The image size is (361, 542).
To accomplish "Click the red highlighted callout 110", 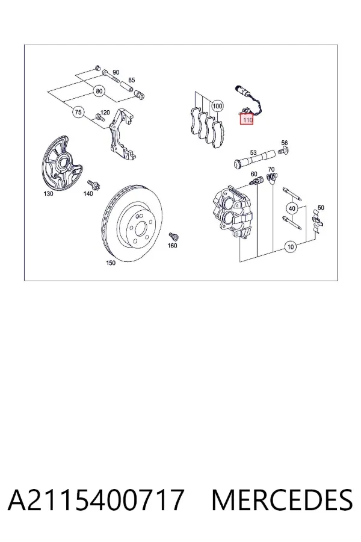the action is tap(247, 120).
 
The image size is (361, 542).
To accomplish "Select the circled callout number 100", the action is tap(217, 106).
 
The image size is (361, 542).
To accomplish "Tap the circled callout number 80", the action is tap(99, 92).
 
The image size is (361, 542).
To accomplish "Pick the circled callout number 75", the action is tap(78, 113).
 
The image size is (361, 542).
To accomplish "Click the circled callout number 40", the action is tap(292, 208).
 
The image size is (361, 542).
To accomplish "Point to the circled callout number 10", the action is tap(291, 247).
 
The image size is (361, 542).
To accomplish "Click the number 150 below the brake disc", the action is tap(111, 263).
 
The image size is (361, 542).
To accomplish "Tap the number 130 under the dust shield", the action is tap(48, 193).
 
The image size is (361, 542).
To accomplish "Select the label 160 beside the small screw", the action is tap(172, 246).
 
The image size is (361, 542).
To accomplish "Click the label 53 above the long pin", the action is tap(253, 152).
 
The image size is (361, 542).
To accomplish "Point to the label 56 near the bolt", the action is tap(285, 142).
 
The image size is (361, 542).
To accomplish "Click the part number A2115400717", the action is tap(96, 500).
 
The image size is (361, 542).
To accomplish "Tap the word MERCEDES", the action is tap(282, 500).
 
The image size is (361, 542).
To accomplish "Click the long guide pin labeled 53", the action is tap(254, 159).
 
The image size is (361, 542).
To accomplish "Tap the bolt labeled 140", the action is tap(93, 185).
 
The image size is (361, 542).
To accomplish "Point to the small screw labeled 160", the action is tap(173, 237).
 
